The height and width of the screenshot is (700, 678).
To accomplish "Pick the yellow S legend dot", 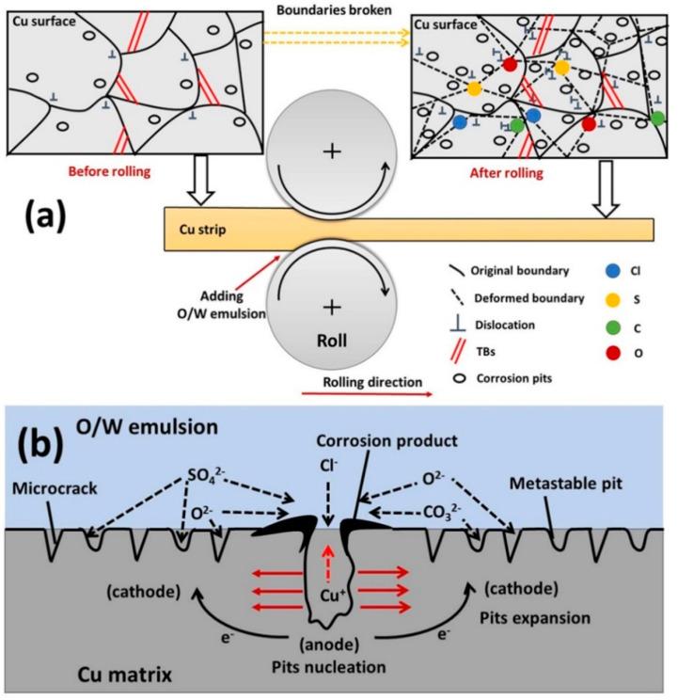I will coord(613,298).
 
